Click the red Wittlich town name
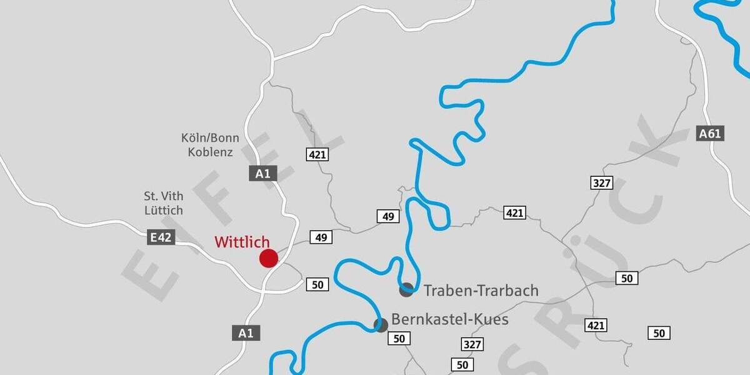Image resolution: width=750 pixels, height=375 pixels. click(x=242, y=242)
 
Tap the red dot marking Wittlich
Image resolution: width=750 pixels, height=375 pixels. click(x=269, y=257)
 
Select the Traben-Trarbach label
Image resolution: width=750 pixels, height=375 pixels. click(x=481, y=291)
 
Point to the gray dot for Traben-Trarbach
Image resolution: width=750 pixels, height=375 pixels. click(x=406, y=289)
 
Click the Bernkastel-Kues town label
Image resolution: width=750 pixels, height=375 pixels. click(x=450, y=320)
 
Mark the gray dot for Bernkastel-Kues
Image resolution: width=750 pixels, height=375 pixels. click(x=381, y=325)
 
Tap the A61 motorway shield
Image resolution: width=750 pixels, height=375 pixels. click(x=710, y=133)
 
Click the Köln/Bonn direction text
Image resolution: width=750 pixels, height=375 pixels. click(x=210, y=138)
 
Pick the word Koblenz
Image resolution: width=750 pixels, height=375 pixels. click(x=210, y=152)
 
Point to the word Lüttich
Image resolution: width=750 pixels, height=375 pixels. click(x=163, y=211)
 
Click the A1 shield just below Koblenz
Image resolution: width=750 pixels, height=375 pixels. click(x=262, y=174)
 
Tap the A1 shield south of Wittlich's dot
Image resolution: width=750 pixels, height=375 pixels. click(x=246, y=333)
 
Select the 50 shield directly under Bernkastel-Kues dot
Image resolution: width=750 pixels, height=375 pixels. click(x=399, y=339)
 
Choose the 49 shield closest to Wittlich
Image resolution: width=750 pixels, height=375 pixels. click(x=321, y=237)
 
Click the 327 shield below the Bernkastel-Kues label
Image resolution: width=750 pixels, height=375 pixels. click(x=472, y=344)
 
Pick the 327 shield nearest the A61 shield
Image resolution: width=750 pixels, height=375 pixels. click(x=601, y=183)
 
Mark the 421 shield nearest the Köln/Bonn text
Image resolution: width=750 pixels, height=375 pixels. click(x=317, y=154)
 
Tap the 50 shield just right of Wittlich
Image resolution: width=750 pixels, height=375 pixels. click(x=317, y=285)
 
